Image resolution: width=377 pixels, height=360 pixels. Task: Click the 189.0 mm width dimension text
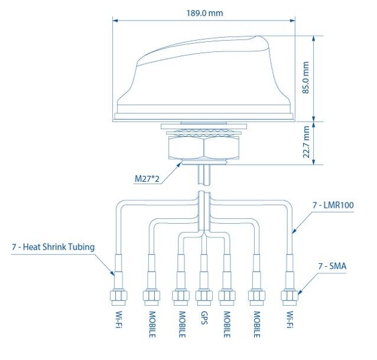point(204,13)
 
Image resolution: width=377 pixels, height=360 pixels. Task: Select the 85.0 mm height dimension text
point(305,77)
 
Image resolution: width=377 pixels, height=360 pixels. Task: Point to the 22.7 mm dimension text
point(306,142)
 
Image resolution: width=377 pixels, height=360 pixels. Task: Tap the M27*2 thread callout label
point(147,179)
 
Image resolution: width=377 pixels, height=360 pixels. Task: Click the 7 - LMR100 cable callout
point(333,205)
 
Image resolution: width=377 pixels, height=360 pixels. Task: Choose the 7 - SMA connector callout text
point(332,266)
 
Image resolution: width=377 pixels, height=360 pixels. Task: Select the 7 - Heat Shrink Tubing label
point(53,247)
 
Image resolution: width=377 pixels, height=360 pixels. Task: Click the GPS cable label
point(204,318)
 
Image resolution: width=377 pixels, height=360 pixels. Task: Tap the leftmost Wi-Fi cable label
point(119,320)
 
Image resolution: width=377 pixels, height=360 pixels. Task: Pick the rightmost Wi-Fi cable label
point(290,320)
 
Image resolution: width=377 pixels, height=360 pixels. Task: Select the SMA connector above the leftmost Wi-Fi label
point(119,297)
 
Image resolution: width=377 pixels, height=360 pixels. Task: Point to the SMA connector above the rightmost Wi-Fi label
point(290,297)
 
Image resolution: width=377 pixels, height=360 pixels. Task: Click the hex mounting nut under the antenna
point(204,147)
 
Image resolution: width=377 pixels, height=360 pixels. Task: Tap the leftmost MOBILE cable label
point(152,325)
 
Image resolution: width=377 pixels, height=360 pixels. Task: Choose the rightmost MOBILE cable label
point(256,325)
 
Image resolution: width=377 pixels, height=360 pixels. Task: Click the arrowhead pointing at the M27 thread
point(180,164)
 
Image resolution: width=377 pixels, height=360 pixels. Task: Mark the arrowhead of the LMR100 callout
point(294,231)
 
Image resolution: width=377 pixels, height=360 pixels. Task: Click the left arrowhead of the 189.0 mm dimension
point(115,21)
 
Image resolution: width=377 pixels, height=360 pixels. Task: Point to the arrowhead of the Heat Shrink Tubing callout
point(112,273)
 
